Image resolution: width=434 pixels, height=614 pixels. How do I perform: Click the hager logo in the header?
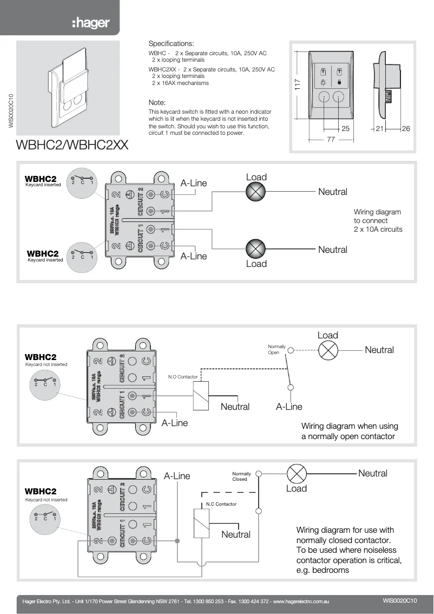tap(91, 23)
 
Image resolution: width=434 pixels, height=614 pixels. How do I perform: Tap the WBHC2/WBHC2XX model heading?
tap(73, 146)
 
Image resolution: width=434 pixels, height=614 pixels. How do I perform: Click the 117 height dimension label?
tap(297, 85)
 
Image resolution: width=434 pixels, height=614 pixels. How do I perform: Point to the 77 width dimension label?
tap(331, 139)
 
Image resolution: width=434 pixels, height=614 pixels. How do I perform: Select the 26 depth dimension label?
tap(406, 128)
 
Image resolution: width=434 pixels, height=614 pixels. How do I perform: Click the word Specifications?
tap(170, 43)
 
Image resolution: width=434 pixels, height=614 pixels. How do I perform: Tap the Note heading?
tap(157, 102)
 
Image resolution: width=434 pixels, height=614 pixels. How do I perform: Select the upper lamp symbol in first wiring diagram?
tap(255, 191)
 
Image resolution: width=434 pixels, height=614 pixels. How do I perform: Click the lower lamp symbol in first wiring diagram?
tap(255, 249)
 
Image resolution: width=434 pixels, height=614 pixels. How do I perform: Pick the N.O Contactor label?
tap(183, 377)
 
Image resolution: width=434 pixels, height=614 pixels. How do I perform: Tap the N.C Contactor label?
tap(221, 504)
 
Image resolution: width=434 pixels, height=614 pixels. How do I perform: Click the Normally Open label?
tap(277, 349)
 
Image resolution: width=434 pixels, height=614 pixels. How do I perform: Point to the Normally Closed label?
tap(241, 476)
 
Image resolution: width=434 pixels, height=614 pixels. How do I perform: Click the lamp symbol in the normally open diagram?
tap(327, 350)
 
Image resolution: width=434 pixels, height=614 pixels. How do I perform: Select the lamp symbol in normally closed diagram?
tap(296, 473)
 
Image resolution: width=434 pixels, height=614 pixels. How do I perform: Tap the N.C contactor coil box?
tap(201, 523)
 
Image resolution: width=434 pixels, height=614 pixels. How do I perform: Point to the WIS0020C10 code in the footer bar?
tap(399, 600)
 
